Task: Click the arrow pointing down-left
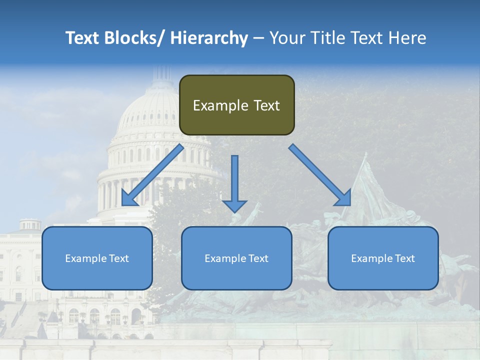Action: pos(152,175)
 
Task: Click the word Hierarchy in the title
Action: pos(209,38)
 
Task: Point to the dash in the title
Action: pos(258,38)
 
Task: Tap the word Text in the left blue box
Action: pos(119,258)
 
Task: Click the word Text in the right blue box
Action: pos(405,258)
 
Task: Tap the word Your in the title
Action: pos(286,38)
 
